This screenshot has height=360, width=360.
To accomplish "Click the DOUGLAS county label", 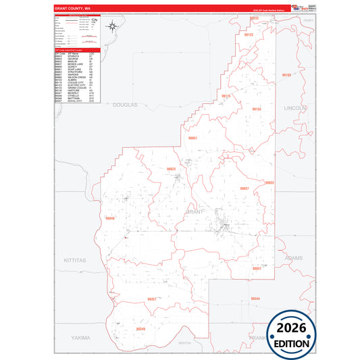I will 125,105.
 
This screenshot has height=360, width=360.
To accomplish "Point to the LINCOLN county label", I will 295,107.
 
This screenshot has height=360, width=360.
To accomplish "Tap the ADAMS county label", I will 294,258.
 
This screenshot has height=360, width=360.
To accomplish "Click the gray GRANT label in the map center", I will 194,211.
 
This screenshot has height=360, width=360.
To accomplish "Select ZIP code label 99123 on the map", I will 248,35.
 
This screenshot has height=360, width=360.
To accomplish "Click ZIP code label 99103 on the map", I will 286,75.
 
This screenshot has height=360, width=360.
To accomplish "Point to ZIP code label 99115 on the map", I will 226,97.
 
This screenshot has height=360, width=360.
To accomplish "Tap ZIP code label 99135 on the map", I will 257,109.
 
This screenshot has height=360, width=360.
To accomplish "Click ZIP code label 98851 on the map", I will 192,138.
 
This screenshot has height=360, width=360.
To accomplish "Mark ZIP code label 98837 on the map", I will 245,188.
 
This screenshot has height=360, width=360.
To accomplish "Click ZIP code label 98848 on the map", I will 111,218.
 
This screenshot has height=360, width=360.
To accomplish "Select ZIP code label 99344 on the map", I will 255,298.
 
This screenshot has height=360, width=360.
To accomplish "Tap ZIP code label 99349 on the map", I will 140,329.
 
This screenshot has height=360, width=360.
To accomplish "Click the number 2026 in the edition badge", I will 291,328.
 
